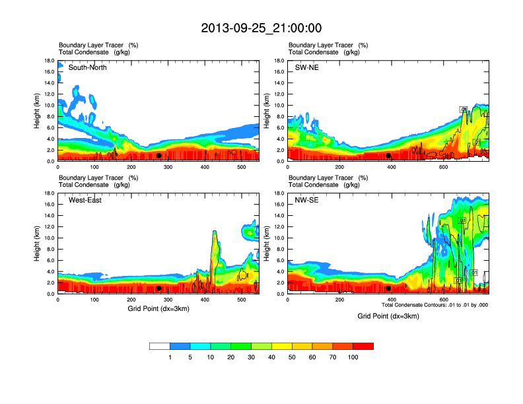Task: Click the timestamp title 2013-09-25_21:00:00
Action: click(x=261, y=28)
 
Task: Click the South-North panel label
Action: click(x=88, y=67)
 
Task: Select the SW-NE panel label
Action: click(x=306, y=67)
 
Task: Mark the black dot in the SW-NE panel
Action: click(x=388, y=156)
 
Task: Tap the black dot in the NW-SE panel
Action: click(x=388, y=288)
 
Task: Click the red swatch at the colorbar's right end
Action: click(x=363, y=346)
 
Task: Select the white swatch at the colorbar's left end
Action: click(x=160, y=346)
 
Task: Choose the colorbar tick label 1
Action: click(x=170, y=357)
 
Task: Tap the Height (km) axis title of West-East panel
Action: click(x=38, y=244)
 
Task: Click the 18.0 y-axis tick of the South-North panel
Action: click(x=49, y=61)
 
